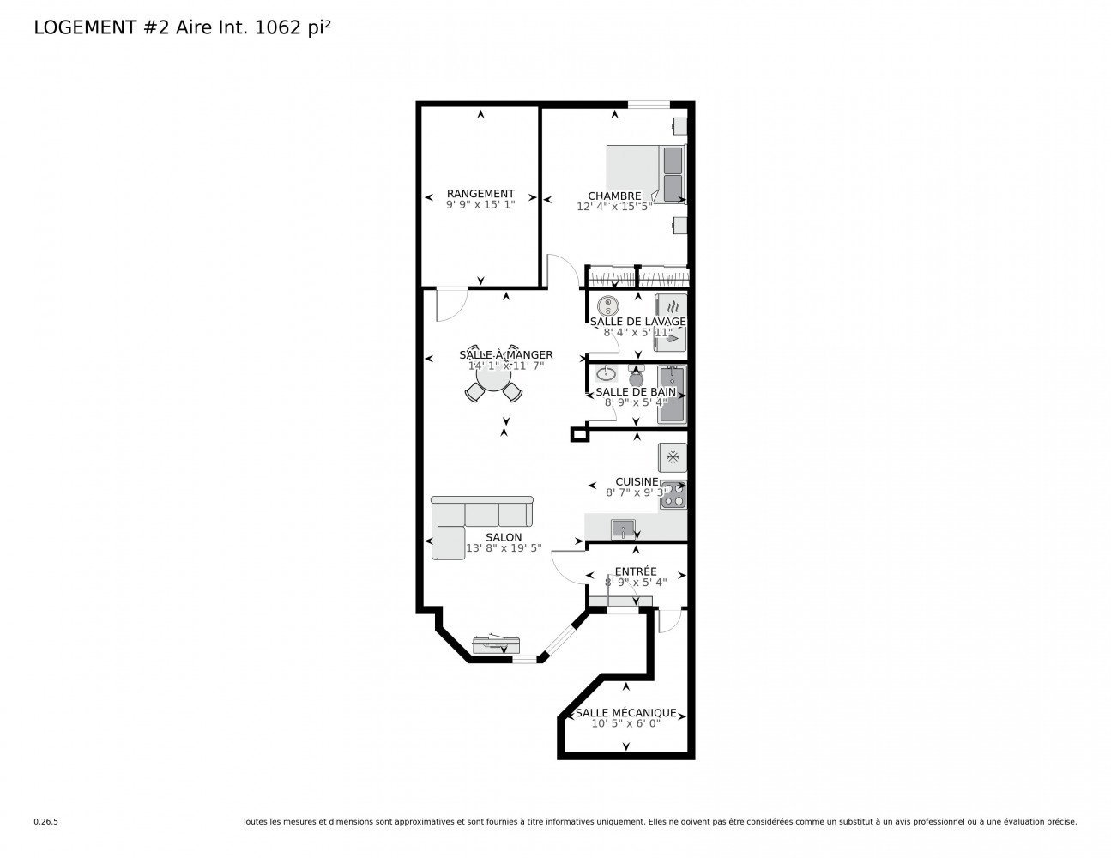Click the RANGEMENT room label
pos(480,193)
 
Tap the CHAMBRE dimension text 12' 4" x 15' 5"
pos(614,207)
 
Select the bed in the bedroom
pos(646,174)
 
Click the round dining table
pos(493,377)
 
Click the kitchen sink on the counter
pos(623,529)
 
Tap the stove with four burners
pos(673,494)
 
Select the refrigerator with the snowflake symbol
pos(673,457)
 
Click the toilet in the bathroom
pos(636,376)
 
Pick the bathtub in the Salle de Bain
pos(672,394)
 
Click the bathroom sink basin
pos(607,373)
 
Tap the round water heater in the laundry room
pos(608,307)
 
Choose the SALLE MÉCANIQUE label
pos(625,713)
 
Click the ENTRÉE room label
pos(636,571)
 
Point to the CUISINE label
pos(637,481)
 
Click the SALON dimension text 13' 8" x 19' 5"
pos(504,548)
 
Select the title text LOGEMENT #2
pos(101,27)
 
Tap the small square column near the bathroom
pos(579,435)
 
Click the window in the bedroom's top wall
pos(649,105)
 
